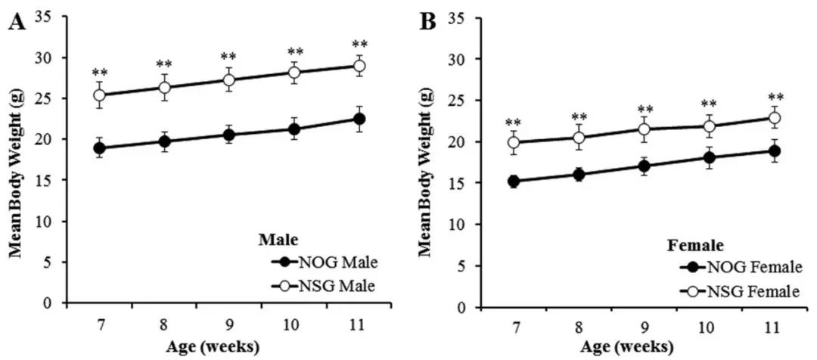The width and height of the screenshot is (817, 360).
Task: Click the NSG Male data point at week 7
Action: tap(100, 95)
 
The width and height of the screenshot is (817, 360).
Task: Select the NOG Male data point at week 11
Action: tap(360, 119)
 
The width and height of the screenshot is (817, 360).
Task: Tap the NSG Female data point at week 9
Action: tap(644, 129)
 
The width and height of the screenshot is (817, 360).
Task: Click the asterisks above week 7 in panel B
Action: tap(514, 123)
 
